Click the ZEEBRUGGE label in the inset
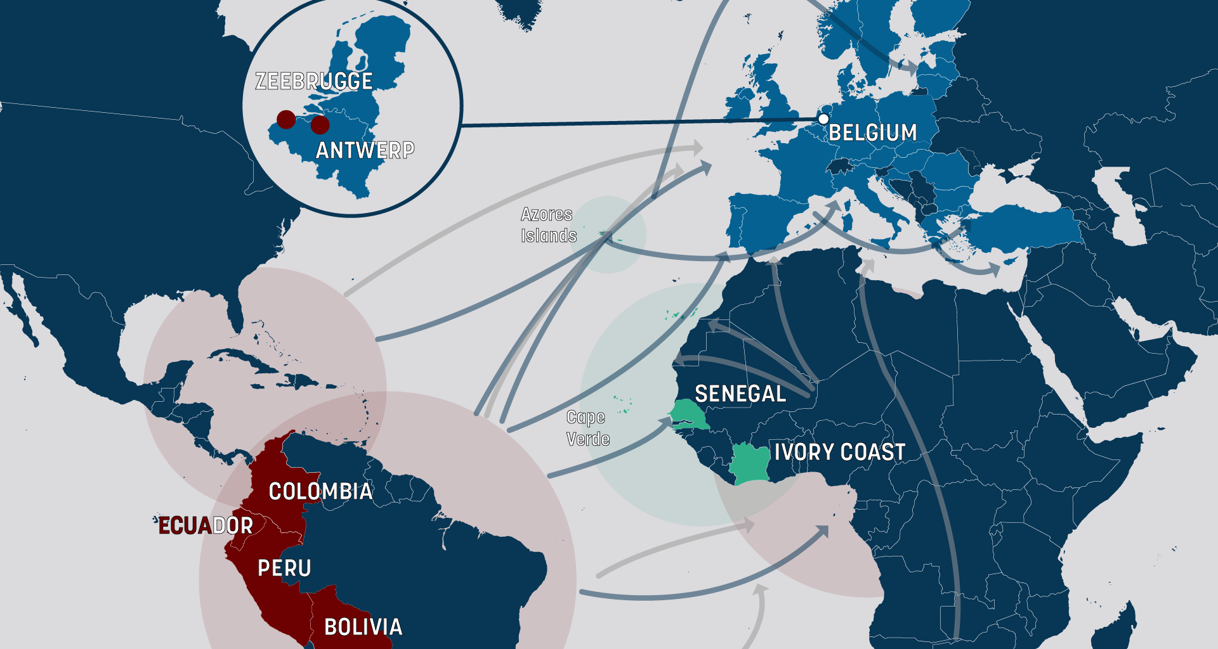click(x=313, y=81)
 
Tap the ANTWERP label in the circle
click(x=365, y=150)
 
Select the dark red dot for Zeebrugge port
click(x=286, y=119)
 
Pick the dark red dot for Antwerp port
click(x=320, y=125)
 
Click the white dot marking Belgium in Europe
click(x=823, y=119)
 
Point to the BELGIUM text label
click(x=872, y=132)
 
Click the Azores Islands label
click(x=548, y=225)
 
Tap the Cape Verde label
click(x=587, y=428)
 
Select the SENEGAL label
click(x=740, y=394)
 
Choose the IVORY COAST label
click(x=839, y=452)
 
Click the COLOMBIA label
click(x=320, y=491)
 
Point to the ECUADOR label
click(x=206, y=525)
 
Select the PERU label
click(x=284, y=568)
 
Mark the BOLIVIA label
click(x=363, y=627)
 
